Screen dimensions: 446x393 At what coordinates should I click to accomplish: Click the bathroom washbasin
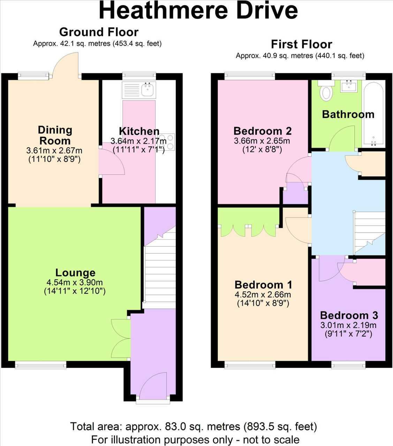[349, 86]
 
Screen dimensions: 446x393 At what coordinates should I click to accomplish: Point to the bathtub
[374, 114]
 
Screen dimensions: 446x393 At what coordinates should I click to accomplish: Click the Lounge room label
[75, 273]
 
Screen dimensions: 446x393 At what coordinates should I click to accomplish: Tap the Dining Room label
[55, 135]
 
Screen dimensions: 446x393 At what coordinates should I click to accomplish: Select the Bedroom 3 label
[349, 315]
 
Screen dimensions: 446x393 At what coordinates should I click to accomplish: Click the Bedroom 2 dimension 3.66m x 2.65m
[262, 141]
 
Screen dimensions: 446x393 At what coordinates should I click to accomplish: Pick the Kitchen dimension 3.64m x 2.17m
[138, 141]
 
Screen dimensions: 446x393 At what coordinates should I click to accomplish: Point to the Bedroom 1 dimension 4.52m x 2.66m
[263, 294]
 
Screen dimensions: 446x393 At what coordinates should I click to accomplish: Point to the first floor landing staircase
[369, 232]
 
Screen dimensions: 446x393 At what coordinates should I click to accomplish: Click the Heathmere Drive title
[198, 10]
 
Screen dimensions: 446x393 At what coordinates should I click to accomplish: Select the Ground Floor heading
[99, 32]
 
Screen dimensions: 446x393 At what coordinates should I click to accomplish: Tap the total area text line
[194, 426]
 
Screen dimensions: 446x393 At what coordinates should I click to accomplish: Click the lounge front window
[41, 365]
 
